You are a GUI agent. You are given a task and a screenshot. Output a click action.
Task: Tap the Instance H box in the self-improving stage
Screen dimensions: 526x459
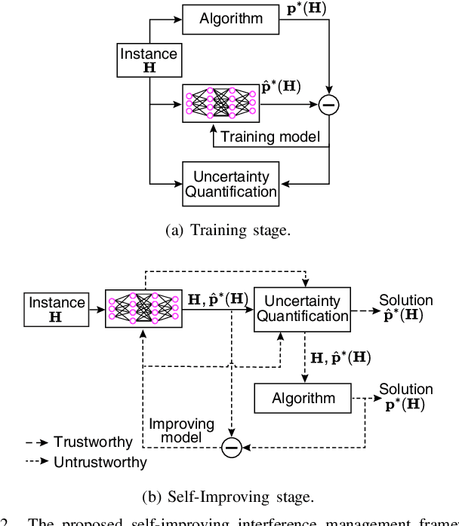pos(57,310)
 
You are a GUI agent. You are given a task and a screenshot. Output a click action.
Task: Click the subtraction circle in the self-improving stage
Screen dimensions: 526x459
pos(231,448)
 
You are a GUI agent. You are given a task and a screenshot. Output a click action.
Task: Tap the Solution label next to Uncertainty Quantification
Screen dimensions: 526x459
pos(406,301)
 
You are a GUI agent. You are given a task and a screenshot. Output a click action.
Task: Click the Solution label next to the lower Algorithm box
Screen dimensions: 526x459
pos(406,390)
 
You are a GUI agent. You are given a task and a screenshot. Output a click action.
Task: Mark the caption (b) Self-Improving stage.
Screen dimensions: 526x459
pos(229,496)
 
